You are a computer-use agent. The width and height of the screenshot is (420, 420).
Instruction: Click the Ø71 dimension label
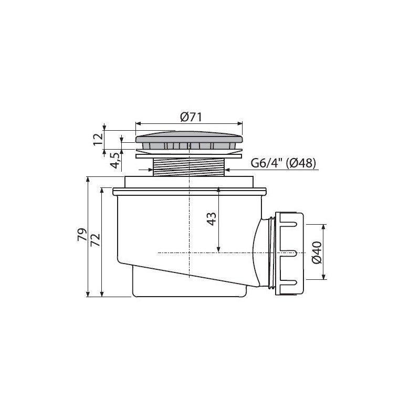click(191, 117)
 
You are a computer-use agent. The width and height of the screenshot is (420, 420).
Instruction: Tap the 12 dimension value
click(98, 139)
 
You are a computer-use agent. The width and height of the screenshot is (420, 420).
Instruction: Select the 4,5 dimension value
click(115, 161)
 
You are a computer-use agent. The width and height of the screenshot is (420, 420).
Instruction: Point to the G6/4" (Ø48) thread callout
click(283, 163)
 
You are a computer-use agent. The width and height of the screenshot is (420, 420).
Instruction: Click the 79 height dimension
click(82, 235)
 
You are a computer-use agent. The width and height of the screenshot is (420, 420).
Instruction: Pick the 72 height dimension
click(96, 240)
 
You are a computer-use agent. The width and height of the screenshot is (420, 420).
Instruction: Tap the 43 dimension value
click(212, 219)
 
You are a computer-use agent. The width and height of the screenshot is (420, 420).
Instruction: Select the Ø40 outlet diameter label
click(317, 253)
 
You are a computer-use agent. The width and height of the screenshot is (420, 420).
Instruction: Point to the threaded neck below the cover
click(188, 167)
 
